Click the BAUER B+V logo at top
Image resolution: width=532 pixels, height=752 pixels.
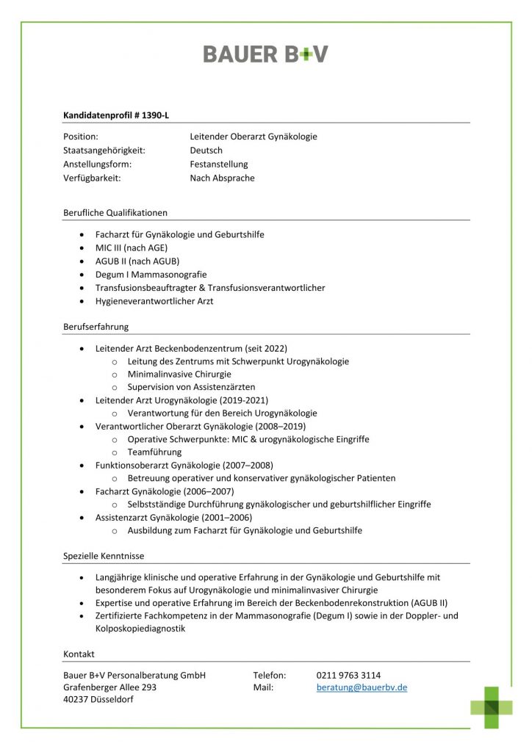265,54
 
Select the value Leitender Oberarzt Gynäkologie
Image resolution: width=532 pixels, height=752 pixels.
253,137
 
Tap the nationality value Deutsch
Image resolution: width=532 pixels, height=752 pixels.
206,151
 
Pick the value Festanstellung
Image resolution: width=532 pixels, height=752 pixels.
219,164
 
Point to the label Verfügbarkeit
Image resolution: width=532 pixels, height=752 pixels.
92,178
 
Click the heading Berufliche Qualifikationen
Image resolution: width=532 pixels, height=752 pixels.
115,213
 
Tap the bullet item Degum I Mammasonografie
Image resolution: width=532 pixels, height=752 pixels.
151,275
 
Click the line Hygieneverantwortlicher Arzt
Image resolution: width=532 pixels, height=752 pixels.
154,301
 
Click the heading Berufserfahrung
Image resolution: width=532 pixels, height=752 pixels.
96,327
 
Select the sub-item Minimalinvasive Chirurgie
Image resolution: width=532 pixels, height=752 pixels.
180,374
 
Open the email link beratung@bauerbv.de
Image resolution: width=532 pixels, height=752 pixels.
362,687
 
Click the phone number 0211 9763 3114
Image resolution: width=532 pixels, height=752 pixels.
348,675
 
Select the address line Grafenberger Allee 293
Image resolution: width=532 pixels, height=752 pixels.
109,687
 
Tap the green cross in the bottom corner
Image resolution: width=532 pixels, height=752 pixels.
492,707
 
